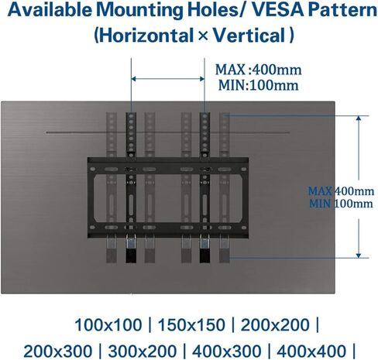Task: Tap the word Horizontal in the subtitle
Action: pos(146,36)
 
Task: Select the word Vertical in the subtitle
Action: pos(249,36)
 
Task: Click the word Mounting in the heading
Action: pos(140,11)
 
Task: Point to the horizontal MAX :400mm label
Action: pos(259,70)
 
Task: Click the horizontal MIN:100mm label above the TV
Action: pos(259,85)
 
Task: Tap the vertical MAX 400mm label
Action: pos(341,191)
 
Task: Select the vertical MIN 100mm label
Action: pos(341,204)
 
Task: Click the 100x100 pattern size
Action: pos(108,324)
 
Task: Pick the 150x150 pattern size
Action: pos(191,324)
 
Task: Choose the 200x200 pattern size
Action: pos(275,324)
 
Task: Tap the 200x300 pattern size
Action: pos(58,351)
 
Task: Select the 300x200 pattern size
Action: pos(143,351)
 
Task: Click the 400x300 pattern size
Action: pos(226,351)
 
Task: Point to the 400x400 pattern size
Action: pos(311,351)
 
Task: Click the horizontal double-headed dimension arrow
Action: pos(168,79)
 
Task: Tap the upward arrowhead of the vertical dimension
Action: pos(359,118)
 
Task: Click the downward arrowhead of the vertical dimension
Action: pos(359,255)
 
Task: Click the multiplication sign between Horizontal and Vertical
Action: pos(204,36)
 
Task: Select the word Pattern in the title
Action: pos(342,10)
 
